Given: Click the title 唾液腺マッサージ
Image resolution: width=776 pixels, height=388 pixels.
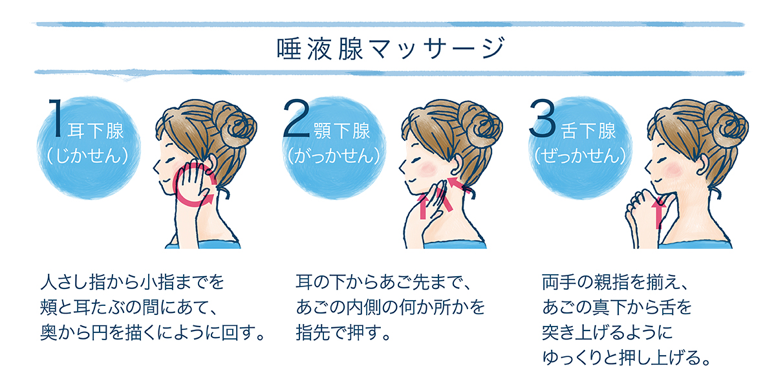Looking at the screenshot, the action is pos(391,49).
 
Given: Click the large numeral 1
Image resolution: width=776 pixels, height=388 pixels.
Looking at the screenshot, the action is pos(56,118).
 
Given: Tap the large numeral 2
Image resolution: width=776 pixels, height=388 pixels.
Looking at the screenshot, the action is pos(296,118).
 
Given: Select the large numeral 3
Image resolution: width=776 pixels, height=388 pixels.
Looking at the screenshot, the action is pos(543,118).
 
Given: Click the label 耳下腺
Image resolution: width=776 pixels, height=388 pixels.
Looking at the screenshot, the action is pos(96,131).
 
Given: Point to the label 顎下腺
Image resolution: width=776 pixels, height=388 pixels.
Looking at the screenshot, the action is pos(342,131).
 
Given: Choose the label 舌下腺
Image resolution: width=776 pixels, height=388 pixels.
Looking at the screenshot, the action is pos(588,131).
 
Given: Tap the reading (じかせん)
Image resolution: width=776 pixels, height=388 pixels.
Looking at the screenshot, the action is pos(88,156).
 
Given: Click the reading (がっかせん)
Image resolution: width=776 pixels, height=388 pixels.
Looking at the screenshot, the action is pos(334,156).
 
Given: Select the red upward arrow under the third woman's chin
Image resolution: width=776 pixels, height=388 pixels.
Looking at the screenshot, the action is pos(658,213).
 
